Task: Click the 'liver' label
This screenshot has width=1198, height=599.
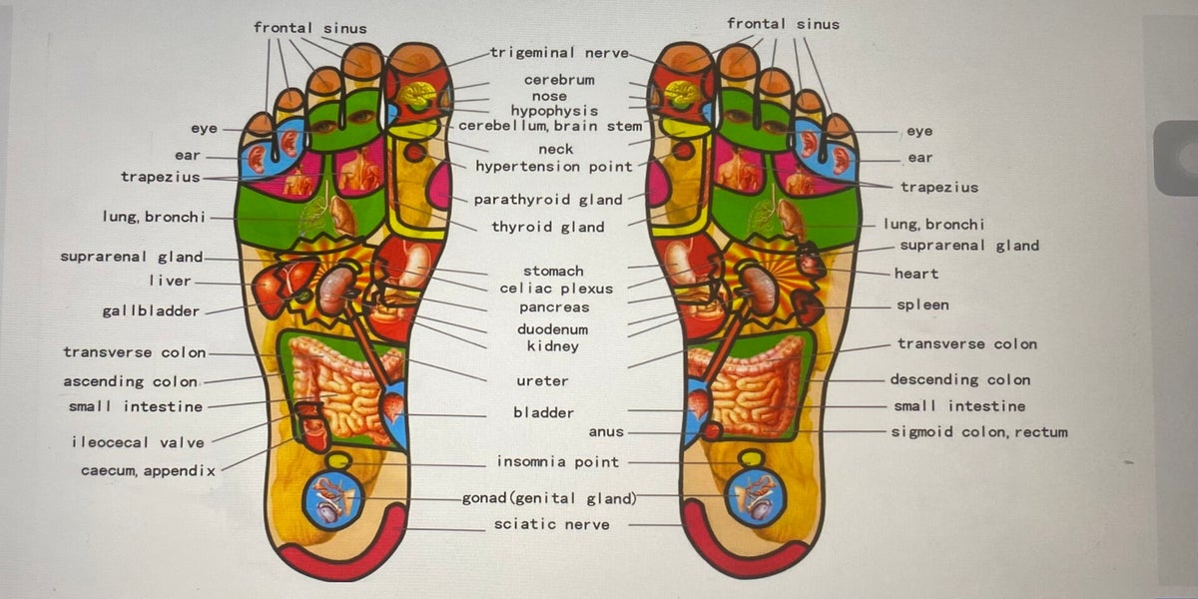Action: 170,282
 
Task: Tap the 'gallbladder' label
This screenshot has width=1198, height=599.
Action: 151,311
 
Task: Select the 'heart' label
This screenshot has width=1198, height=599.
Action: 915,274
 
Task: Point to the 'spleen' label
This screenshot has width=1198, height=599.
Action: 921,305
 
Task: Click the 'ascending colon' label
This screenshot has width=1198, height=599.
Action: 131,381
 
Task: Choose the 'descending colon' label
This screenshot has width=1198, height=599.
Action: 959,379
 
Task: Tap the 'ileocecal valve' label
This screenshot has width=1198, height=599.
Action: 138,442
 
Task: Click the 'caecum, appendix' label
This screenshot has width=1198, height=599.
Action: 148,469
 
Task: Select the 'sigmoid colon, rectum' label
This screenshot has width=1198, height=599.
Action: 978,432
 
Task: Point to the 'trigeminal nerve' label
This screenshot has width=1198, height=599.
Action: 558,53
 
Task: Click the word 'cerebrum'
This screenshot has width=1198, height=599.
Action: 559,80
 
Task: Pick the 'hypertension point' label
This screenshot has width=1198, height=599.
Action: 554,167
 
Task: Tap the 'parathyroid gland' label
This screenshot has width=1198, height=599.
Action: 548,200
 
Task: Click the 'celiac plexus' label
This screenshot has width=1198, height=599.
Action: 556,290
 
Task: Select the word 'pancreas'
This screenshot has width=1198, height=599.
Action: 554,308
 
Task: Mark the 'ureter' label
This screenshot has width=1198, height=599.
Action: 542,381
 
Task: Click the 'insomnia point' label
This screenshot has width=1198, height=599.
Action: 558,462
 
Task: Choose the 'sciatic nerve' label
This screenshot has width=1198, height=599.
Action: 551,524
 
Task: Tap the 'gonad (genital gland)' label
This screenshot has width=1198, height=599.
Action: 548,498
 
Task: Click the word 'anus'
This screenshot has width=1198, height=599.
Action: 605,432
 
